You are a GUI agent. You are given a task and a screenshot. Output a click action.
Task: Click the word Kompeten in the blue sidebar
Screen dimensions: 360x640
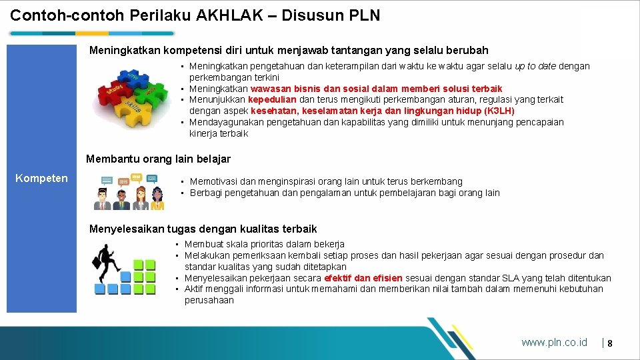[41, 178]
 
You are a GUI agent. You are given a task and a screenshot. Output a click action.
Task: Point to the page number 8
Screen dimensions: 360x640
[609, 343]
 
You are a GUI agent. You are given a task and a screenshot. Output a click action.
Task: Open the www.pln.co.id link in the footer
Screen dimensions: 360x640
[554, 343]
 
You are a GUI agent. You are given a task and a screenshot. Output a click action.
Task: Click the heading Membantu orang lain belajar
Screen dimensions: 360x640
[159, 159]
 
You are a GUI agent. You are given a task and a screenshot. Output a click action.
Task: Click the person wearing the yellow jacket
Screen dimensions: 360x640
[141, 197]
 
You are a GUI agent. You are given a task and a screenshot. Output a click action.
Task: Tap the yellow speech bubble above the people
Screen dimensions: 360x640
[137, 177]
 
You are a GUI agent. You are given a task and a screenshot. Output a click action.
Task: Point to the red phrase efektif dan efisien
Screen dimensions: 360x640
[363, 278]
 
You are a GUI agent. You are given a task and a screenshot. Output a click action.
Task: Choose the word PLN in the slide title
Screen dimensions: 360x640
[364, 15]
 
